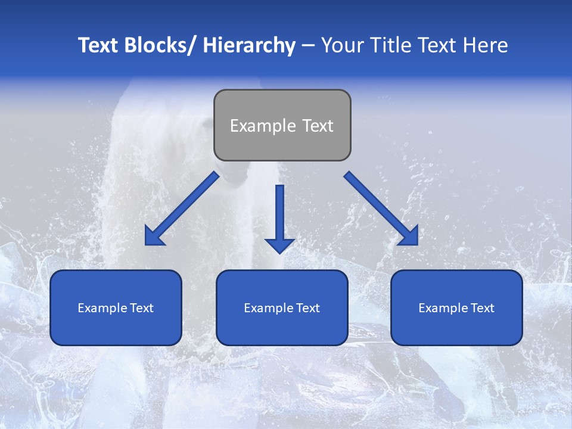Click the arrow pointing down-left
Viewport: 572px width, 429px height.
tap(185, 206)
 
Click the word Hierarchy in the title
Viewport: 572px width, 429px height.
tap(249, 45)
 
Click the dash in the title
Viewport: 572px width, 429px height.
tap(308, 45)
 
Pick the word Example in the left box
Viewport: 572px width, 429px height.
tap(102, 308)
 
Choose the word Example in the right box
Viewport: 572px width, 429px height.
tap(443, 308)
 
